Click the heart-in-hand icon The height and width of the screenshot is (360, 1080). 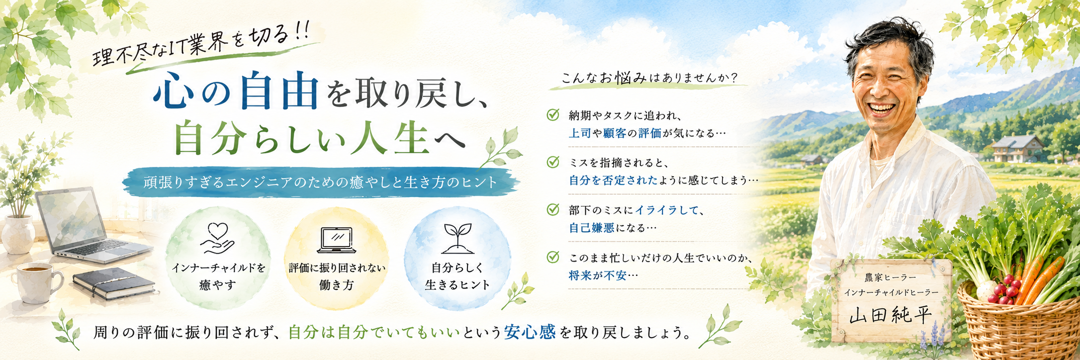click(217, 238)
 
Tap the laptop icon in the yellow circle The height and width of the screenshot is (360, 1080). click(337, 240)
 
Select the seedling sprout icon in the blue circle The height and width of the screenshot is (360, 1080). click(457, 238)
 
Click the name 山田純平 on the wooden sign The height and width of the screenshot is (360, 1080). click(891, 315)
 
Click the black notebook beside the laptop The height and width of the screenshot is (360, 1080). click(114, 283)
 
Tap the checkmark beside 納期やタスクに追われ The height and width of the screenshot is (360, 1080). click(553, 115)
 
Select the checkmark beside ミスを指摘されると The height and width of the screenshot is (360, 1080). click(553, 162)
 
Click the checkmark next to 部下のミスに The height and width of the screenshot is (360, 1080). click(553, 209)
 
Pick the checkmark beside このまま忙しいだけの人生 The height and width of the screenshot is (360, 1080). click(553, 257)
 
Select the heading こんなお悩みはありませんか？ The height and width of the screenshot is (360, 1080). click(649, 78)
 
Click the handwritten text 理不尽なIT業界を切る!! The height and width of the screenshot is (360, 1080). click(201, 45)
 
